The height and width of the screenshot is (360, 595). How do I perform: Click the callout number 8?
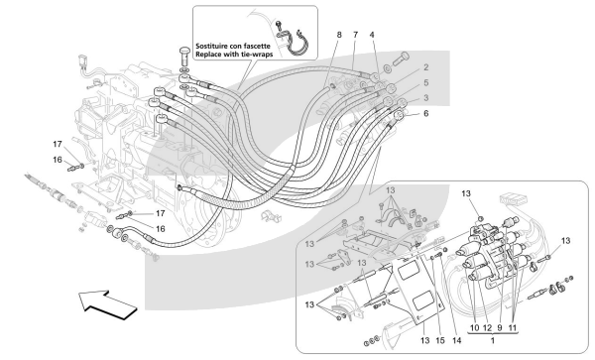[x=339, y=35]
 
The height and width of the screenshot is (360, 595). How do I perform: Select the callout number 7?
[x=356, y=35]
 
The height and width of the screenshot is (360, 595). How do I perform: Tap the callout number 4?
[x=372, y=35]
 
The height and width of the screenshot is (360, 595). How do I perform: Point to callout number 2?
[x=426, y=67]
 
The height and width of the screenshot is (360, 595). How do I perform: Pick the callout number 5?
[x=426, y=82]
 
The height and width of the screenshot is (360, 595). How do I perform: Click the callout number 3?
[x=426, y=98]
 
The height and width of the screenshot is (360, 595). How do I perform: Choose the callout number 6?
[x=426, y=113]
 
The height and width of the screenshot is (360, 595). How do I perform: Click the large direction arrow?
[x=107, y=303]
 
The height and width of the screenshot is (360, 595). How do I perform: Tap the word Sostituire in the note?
[x=211, y=46]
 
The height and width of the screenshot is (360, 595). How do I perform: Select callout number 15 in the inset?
[x=439, y=340]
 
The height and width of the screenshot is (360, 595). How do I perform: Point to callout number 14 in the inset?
[x=457, y=340]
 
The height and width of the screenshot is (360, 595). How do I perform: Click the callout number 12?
[x=488, y=327]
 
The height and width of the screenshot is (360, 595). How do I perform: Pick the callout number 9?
[x=500, y=327]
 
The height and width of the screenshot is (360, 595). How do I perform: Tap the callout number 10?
[x=474, y=327]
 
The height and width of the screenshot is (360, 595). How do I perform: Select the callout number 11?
[x=513, y=327]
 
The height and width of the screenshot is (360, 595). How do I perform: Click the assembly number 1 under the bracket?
[x=493, y=340]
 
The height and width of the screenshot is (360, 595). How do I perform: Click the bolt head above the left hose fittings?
[x=184, y=51]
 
